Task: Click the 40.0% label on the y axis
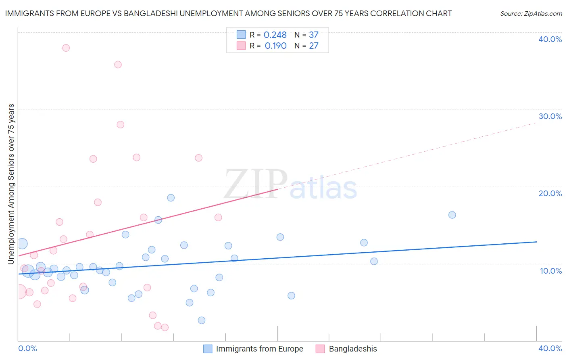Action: coord(550,39)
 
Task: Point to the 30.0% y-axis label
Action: coord(550,116)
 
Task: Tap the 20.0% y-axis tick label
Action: coord(550,193)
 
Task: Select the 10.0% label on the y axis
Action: coord(551,271)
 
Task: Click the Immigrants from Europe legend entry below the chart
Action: coord(259,349)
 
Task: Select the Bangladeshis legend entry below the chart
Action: coord(352,349)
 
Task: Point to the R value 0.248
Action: coord(275,35)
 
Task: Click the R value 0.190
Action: coord(275,46)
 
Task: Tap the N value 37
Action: coord(314,35)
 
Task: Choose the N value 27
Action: coord(314,46)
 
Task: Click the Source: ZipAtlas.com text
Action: coord(531,14)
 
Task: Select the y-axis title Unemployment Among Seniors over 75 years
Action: coord(11,184)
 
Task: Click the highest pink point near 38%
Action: coord(66,48)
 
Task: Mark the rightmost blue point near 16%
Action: coord(452,215)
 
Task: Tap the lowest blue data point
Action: coord(202,320)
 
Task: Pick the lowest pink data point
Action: coord(165,328)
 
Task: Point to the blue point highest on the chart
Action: coord(171,198)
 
